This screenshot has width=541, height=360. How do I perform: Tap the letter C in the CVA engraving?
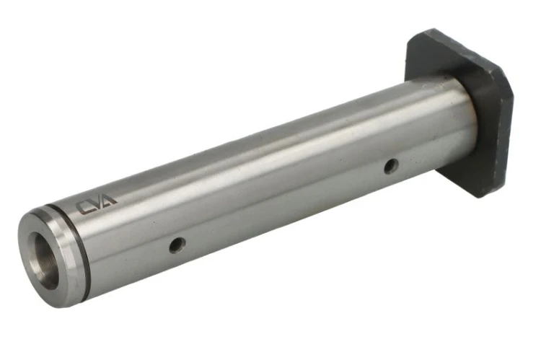click(x=83, y=208)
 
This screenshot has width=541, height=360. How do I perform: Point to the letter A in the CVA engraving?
click(x=110, y=200)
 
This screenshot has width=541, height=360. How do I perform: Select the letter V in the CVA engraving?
click(x=97, y=203)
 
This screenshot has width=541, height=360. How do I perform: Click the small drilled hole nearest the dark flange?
click(x=391, y=166)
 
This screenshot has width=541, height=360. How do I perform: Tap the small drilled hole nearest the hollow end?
click(x=177, y=245)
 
